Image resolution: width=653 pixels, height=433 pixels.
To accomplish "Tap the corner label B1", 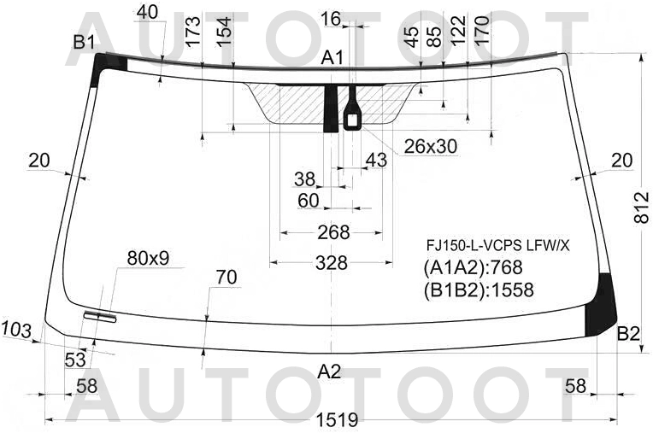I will [x=84, y=41].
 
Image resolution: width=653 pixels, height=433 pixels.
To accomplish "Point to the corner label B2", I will [x=628, y=333].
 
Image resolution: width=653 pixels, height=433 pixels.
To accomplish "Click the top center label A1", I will [x=332, y=58].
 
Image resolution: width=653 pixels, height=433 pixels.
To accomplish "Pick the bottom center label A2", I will [x=329, y=372].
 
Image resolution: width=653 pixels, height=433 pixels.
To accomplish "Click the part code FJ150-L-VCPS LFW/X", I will [x=498, y=246].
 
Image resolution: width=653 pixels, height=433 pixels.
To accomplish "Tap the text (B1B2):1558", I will [x=479, y=290].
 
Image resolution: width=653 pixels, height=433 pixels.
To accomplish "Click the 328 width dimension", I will [x=332, y=263].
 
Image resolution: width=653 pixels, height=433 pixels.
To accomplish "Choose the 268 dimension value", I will [x=333, y=232].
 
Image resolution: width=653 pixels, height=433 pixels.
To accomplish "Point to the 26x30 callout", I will [x=431, y=147].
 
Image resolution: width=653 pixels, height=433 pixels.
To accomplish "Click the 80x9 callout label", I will [x=149, y=257].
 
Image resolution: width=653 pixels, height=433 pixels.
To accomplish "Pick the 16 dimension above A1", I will [x=331, y=18].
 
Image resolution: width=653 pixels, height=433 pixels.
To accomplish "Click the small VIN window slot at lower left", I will [x=101, y=317].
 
